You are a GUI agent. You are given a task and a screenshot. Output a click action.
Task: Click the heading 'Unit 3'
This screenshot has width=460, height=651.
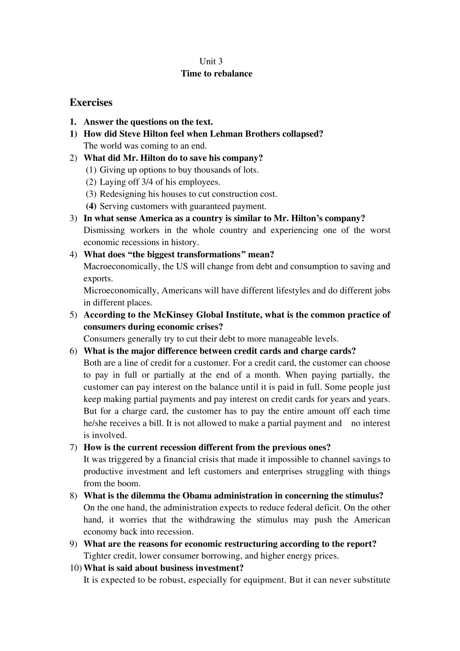211,61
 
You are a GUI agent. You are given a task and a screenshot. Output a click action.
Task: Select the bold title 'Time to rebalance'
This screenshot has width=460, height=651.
216,74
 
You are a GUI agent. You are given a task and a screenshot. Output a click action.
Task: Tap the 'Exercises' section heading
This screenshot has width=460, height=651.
91,103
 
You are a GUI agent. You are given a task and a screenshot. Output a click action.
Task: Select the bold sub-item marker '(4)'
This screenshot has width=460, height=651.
91,206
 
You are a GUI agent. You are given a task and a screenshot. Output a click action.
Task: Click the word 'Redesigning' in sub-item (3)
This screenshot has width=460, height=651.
122,194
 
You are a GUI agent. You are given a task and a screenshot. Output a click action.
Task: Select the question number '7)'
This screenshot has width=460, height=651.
73,448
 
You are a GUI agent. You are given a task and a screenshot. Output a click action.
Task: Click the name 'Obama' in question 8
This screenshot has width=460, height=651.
197,496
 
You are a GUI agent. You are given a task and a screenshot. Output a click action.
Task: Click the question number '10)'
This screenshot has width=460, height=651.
75,568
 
